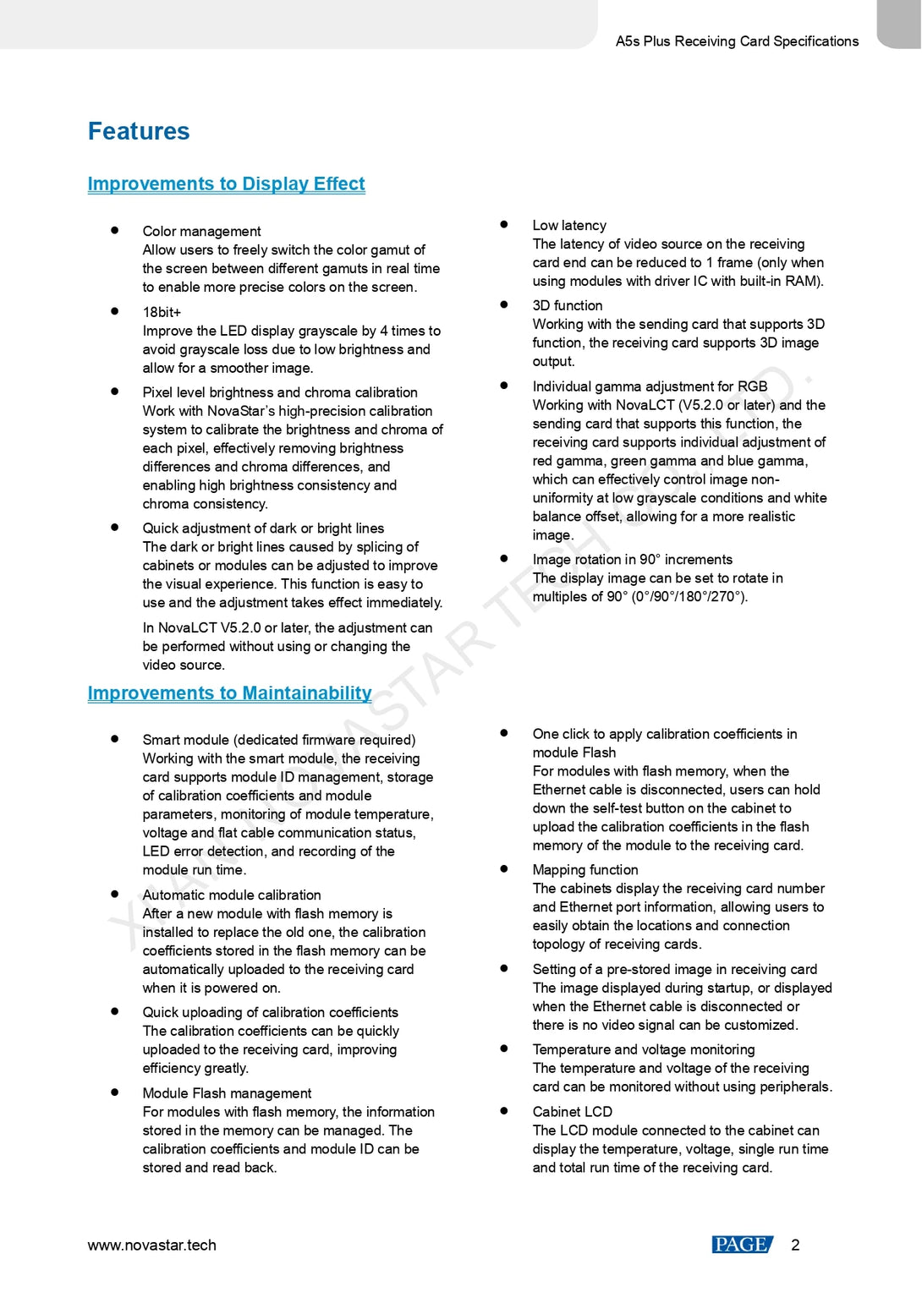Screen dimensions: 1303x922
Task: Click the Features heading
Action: pyautogui.click(x=139, y=131)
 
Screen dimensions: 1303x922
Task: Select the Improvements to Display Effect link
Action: pyautogui.click(x=226, y=183)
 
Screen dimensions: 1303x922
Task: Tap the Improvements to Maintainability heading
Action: pyautogui.click(x=229, y=693)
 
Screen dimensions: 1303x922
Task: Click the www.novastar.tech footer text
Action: pyautogui.click(x=151, y=1245)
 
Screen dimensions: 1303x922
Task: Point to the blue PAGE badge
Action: pyautogui.click(x=742, y=1245)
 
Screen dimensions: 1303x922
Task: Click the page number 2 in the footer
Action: pyautogui.click(x=795, y=1245)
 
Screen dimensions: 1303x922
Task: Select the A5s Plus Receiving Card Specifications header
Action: pyautogui.click(x=737, y=41)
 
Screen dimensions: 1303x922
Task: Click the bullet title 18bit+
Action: pyautogui.click(x=162, y=312)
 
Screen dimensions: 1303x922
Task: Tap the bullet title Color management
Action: pyautogui.click(x=201, y=231)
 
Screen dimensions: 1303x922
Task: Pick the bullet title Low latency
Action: pyautogui.click(x=569, y=225)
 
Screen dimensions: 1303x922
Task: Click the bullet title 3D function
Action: pyautogui.click(x=568, y=305)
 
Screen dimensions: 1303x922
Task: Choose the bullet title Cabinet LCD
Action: pyautogui.click(x=572, y=1111)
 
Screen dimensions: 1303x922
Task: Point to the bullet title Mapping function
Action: pyautogui.click(x=585, y=869)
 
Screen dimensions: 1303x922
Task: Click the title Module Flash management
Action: pyautogui.click(x=227, y=1092)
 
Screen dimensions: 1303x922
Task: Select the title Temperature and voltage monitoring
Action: pyautogui.click(x=644, y=1049)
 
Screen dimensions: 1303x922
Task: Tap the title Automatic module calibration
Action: pyautogui.click(x=232, y=895)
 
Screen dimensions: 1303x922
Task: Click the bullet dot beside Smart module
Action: pyautogui.click(x=114, y=738)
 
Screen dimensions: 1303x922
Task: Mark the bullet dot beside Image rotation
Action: pyautogui.click(x=504, y=558)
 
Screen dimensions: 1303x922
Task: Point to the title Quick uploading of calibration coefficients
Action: pyautogui.click(x=270, y=1012)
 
